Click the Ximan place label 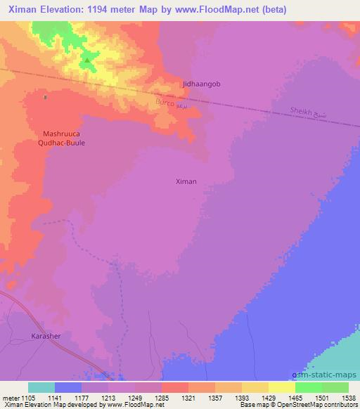[186, 181]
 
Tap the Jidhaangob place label [202, 84]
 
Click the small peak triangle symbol [87, 60]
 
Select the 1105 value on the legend [29, 398]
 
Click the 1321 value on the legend [188, 398]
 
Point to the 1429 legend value [269, 398]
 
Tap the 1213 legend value [108, 398]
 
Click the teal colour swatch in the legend [41, 387]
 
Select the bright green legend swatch [309, 387]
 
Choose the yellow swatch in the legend [282, 387]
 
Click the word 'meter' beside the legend [11, 398]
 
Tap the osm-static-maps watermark [325, 376]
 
